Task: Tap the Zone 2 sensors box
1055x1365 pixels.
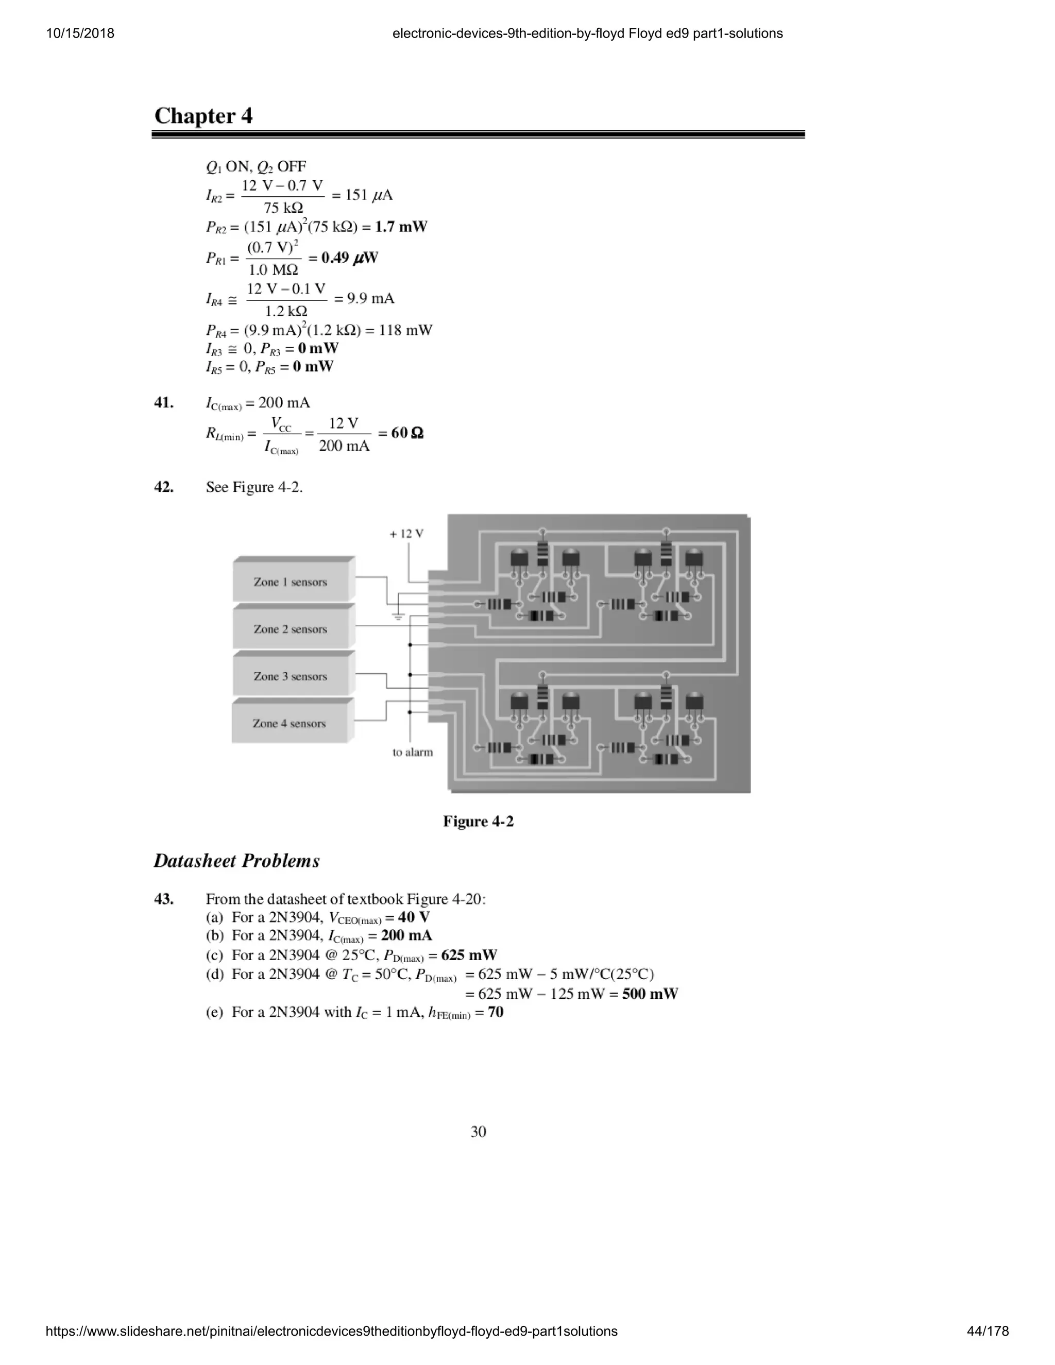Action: point(290,629)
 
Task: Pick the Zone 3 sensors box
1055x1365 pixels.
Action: point(290,676)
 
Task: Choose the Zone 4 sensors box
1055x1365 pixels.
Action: point(289,723)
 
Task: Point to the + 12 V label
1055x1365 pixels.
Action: point(406,534)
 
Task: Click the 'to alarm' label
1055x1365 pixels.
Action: point(413,752)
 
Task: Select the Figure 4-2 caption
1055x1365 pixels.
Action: point(478,821)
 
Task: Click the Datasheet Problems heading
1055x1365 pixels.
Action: point(236,861)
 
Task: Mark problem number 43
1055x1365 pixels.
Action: point(164,899)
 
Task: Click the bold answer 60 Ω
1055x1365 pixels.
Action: point(407,433)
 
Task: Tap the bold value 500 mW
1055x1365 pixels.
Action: point(650,993)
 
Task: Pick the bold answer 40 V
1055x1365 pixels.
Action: point(414,917)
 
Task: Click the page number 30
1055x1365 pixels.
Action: point(478,1131)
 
